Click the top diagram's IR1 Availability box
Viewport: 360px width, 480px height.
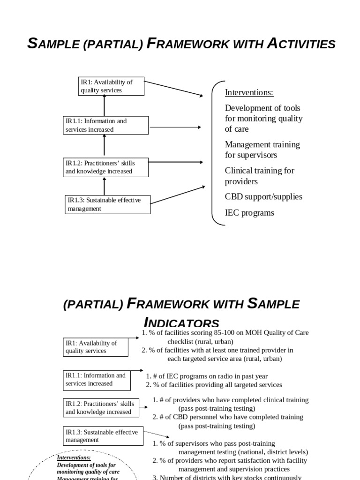111,86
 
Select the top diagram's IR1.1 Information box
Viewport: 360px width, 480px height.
105,125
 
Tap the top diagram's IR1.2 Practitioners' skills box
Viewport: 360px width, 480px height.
106,167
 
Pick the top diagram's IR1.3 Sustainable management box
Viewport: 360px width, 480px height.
107,204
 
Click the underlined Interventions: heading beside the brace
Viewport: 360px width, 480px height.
249,92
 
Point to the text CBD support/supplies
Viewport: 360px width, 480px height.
263,196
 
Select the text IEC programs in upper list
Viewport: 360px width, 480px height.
249,213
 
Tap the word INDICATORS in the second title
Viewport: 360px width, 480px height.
181,322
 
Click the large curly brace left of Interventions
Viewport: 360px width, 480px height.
215,152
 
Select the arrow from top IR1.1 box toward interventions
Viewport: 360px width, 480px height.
176,127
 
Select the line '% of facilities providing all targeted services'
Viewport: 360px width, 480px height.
214,385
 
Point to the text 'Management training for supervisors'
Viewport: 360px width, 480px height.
262,150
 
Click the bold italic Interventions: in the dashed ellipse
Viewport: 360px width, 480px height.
74,457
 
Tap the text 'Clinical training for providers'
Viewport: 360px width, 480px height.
259,176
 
